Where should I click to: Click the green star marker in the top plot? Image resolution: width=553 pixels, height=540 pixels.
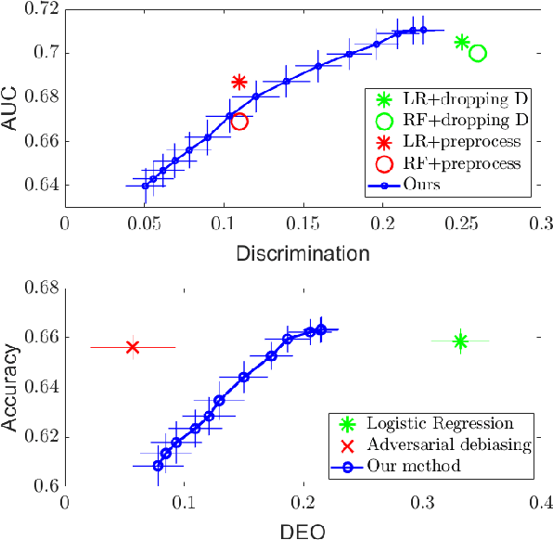click(x=462, y=42)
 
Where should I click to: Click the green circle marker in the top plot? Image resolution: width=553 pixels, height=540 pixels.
click(x=478, y=53)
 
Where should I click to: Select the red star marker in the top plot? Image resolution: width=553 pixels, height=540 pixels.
click(x=238, y=83)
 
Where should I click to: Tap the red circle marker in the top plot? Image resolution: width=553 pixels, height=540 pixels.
click(x=238, y=121)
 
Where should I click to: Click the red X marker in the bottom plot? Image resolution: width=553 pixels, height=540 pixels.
click(x=133, y=347)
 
